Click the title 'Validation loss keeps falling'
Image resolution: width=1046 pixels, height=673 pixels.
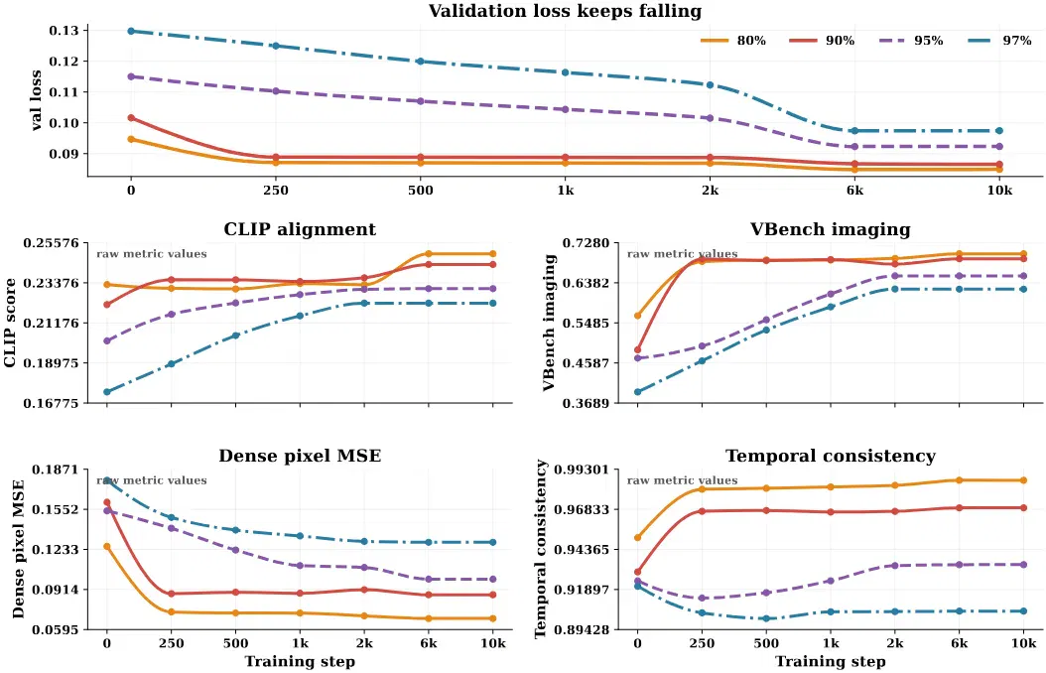point(565,11)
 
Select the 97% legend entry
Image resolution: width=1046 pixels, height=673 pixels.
point(998,41)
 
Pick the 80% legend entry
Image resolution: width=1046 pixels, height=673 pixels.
point(733,41)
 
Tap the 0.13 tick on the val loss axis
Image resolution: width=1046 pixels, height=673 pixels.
point(65,31)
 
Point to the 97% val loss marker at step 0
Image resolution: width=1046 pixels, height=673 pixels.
point(131,32)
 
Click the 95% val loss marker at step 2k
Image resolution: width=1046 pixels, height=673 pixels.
point(710,118)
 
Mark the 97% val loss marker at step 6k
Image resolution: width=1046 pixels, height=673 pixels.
point(854,131)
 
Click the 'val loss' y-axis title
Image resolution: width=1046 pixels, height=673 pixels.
point(36,100)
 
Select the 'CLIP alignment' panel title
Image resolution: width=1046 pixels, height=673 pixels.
point(300,229)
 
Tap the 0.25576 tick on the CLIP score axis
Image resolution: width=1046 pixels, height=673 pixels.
point(51,243)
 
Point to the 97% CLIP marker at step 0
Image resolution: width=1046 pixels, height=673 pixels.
point(107,392)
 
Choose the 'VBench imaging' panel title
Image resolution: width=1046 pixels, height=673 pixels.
point(830,229)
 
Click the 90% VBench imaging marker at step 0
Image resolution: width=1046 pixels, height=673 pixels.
point(638,350)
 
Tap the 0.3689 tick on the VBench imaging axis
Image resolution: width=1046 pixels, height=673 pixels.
point(588,403)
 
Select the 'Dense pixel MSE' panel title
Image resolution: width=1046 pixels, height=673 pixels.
point(300,457)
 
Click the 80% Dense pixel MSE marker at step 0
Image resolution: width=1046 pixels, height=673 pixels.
point(107,547)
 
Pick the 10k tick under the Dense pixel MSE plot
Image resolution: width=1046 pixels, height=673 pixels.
point(493,643)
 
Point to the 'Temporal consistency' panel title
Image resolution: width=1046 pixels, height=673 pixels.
point(830,457)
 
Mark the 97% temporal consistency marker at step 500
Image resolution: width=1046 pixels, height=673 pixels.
point(766,619)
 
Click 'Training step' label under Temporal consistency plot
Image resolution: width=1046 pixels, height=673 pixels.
point(830,662)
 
